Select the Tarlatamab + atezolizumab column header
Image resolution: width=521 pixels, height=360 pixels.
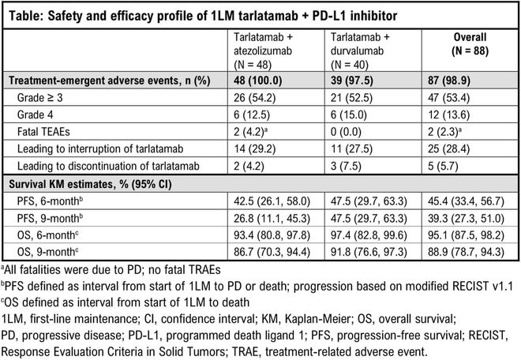[268, 43]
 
